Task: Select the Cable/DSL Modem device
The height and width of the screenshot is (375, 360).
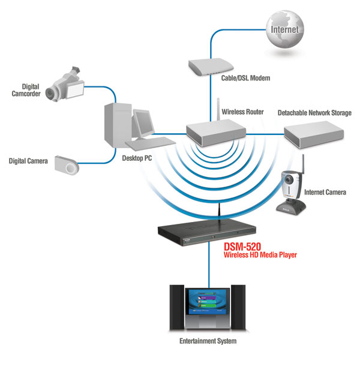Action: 210,65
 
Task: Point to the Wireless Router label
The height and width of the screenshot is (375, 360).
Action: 244,112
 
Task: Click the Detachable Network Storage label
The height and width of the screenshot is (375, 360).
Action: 314,112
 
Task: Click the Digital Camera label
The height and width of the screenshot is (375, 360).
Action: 28,161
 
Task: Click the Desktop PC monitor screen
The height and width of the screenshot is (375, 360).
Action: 145,124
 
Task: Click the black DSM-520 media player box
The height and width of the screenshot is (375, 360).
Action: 208,230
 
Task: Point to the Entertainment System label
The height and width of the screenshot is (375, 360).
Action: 208,341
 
